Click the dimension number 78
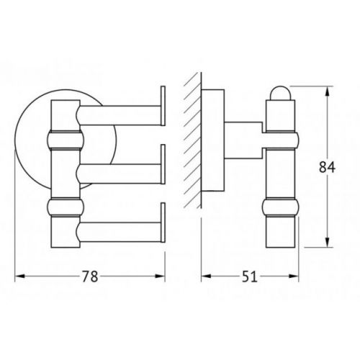click(90, 276)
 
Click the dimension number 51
click(249, 276)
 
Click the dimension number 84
click(327, 167)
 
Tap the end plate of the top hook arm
click(163, 106)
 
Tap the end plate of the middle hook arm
click(163, 164)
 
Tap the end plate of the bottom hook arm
click(163, 222)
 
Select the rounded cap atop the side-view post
click(280, 93)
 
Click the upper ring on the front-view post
click(66, 140)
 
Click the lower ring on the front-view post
click(66, 207)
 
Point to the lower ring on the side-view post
click(281, 207)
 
